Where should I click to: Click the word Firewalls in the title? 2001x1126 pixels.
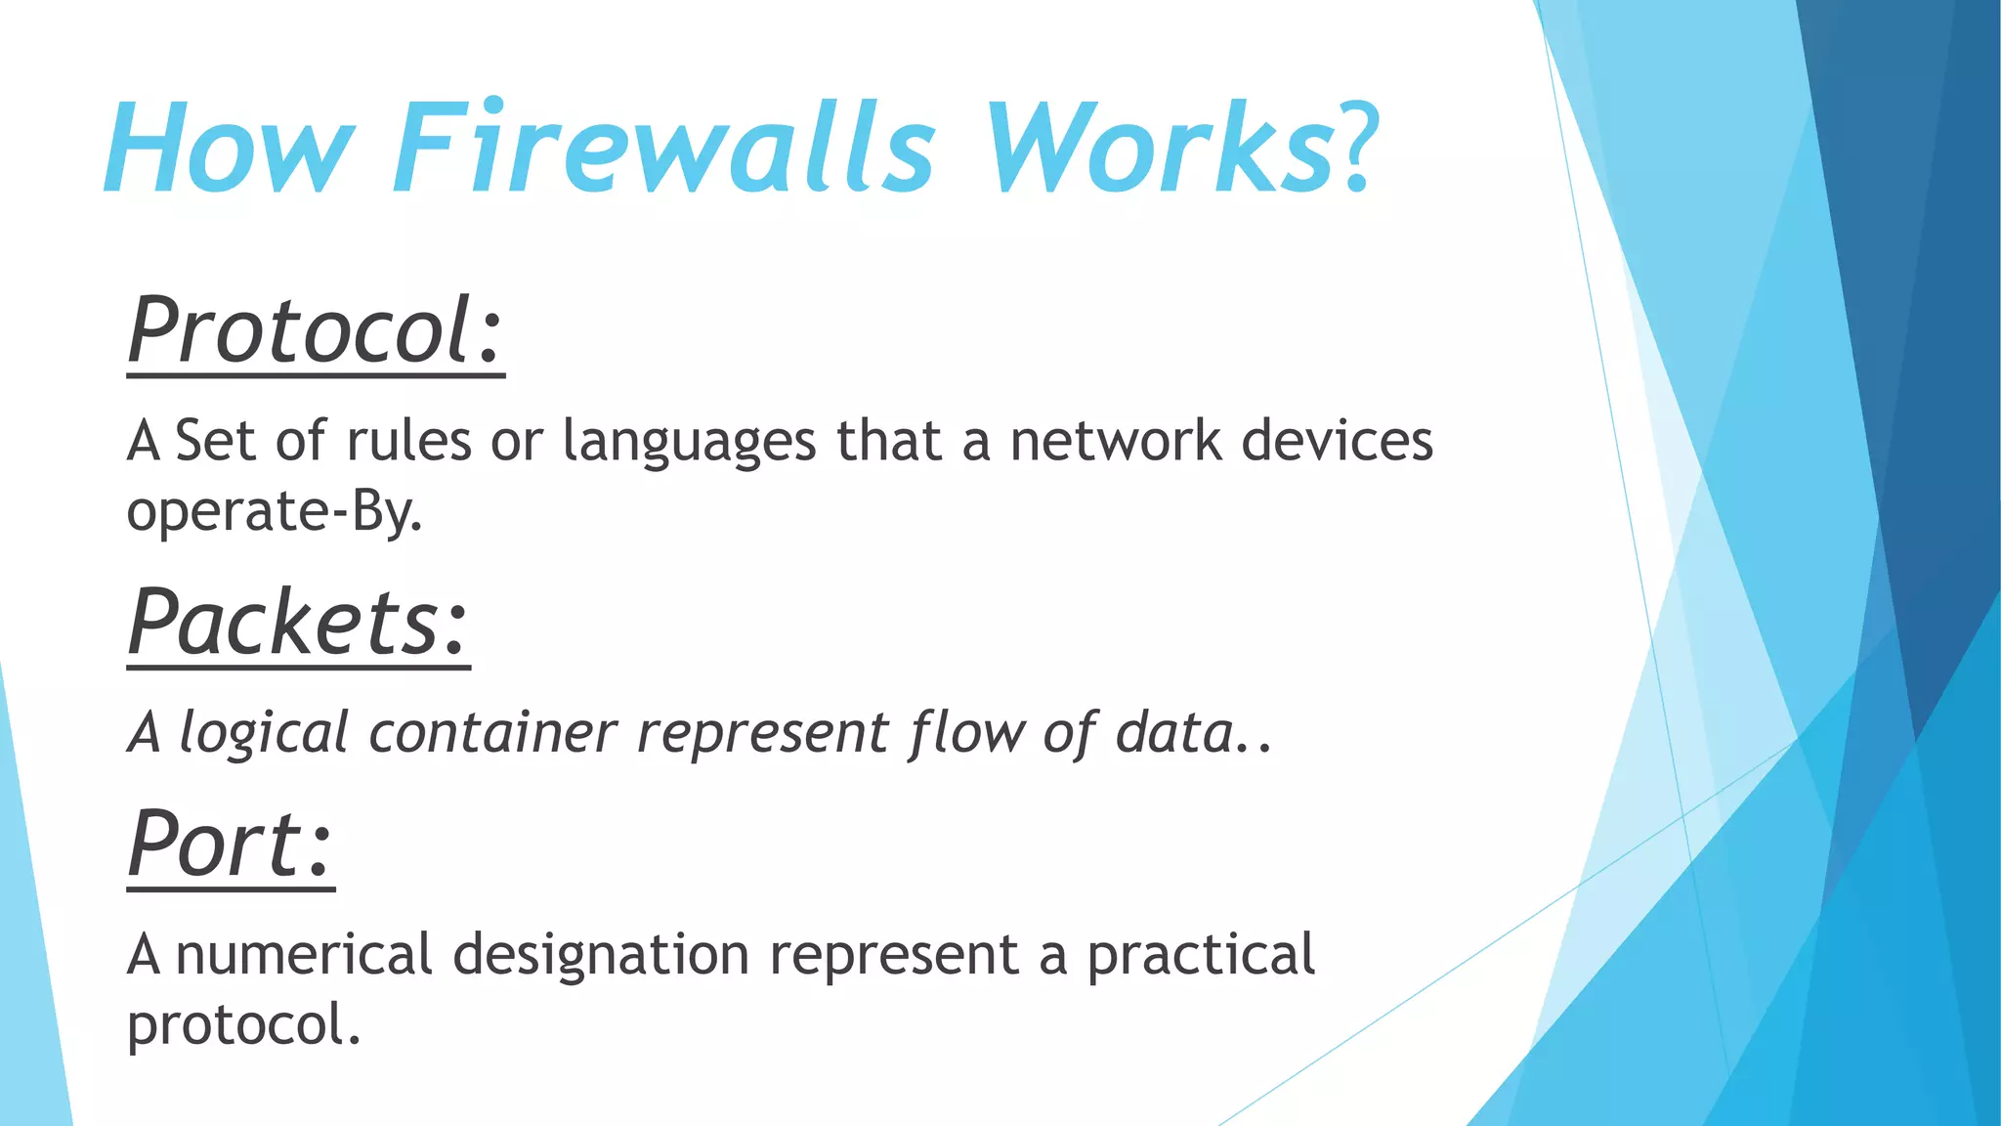664,149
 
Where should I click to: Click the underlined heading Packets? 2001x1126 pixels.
298,623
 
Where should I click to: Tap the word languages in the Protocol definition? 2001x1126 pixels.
689,443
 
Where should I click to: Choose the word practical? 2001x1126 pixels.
1201,956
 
